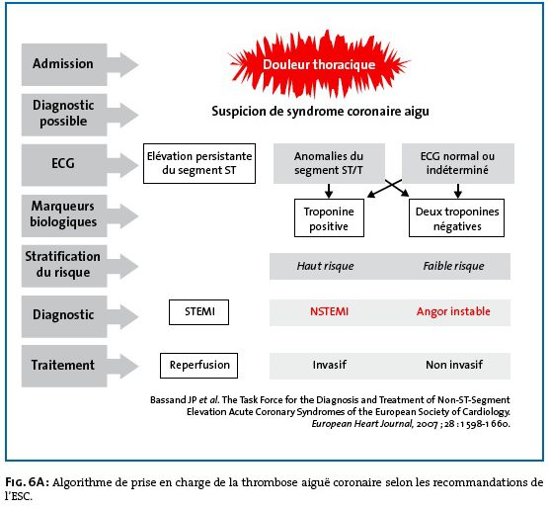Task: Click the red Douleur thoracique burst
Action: (319, 64)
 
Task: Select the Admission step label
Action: (63, 64)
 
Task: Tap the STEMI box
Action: (198, 312)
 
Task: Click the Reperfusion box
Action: (198, 366)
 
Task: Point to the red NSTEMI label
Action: (329, 311)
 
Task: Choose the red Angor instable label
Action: (453, 311)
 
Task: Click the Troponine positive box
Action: (329, 218)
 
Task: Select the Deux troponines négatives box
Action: (456, 218)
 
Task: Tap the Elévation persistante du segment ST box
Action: (199, 163)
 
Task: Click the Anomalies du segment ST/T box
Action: (329, 163)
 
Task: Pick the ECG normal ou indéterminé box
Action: (458, 163)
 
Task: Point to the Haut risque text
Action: (325, 266)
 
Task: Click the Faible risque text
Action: (454, 266)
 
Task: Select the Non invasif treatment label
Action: (454, 365)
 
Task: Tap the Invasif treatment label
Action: (330, 365)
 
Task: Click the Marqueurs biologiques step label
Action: (63, 213)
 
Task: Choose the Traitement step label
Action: (63, 366)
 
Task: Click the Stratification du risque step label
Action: (62, 264)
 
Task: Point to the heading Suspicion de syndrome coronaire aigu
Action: (320, 112)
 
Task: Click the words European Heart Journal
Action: (362, 424)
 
